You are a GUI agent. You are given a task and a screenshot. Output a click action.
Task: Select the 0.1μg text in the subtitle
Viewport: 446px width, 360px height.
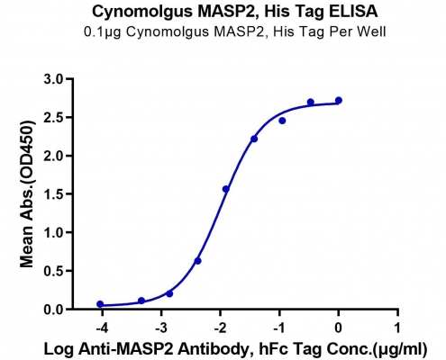[102, 32]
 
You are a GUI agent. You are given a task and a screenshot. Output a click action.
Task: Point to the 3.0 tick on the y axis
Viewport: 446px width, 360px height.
[54, 79]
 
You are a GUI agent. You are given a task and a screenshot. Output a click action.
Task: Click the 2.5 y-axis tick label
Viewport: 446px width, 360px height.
[54, 118]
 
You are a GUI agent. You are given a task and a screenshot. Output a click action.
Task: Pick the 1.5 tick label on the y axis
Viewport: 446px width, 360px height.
[54, 194]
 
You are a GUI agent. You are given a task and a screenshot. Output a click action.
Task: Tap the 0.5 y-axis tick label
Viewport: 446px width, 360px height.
[54, 271]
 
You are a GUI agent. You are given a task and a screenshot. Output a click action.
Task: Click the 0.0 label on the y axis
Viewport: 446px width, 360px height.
[54, 310]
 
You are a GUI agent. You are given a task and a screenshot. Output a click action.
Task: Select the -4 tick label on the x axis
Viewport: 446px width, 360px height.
[102, 328]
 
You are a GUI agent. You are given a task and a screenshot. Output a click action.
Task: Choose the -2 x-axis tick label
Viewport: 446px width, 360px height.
[220, 328]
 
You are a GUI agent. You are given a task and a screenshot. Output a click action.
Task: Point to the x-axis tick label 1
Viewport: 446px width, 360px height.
[397, 328]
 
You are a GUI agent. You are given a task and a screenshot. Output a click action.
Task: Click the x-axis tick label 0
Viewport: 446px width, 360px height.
[339, 328]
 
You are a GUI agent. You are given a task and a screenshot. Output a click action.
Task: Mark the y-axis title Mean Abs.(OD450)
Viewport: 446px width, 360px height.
[26, 194]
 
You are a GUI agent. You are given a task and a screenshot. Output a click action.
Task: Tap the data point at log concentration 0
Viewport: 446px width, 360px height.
[339, 100]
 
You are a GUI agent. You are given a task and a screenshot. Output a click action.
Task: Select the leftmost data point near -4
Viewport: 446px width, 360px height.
[100, 304]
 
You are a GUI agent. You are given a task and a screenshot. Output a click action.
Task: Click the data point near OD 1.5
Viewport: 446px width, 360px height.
[226, 189]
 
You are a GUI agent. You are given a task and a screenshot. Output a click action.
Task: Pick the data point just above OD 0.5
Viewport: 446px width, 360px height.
[197, 261]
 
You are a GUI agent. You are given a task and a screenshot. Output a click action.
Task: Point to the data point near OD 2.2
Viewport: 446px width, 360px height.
[254, 139]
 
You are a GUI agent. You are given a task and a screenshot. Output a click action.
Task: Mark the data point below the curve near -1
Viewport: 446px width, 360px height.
[282, 121]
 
